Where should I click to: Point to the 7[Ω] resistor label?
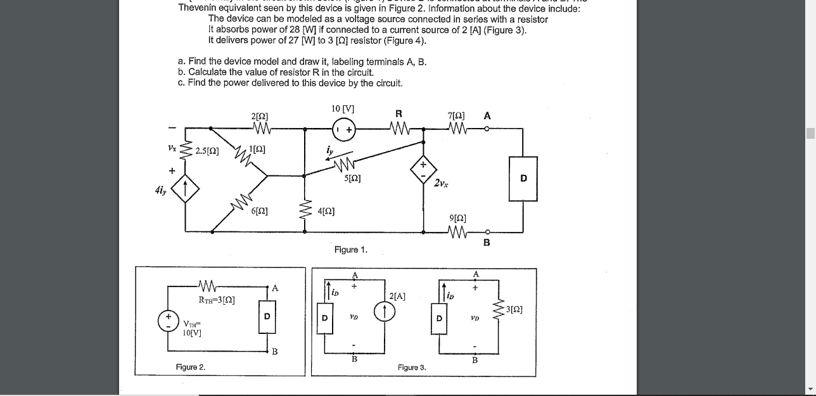click(x=456, y=116)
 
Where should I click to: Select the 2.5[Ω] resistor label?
click(x=207, y=151)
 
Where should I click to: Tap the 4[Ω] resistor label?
click(x=326, y=211)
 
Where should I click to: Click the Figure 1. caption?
click(x=351, y=250)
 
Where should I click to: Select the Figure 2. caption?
click(x=191, y=367)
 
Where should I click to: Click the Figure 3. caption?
click(x=412, y=367)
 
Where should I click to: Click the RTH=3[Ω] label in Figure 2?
click(x=217, y=300)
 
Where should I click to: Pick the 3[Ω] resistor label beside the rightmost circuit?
click(x=514, y=309)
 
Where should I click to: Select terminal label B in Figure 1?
click(x=487, y=242)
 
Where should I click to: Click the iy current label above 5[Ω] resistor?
click(x=329, y=151)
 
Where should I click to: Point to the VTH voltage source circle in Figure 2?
click(x=169, y=320)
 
